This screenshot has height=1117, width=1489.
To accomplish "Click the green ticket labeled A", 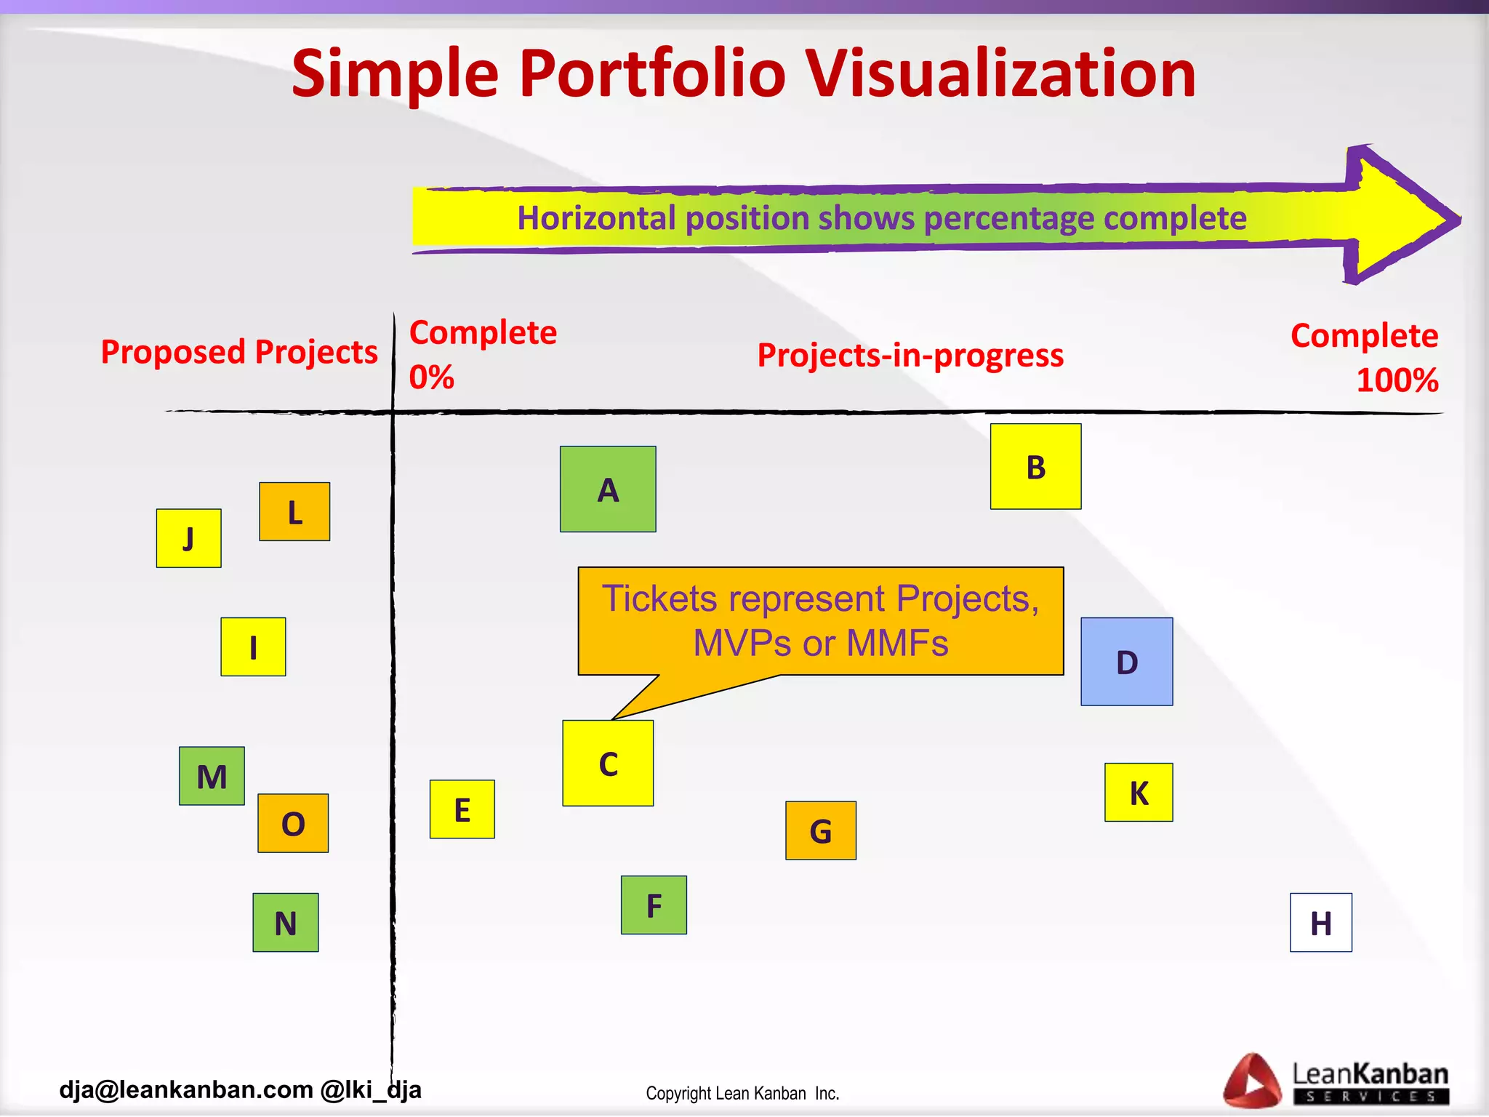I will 608,489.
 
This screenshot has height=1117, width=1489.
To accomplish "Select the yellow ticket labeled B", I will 1035,466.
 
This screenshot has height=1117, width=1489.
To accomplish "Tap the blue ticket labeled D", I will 1126,662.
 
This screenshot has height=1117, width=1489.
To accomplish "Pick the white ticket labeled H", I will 1320,922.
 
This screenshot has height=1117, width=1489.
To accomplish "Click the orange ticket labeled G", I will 820,830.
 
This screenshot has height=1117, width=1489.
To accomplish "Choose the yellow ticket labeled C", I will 608,763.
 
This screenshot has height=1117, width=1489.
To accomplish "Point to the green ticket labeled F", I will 654,905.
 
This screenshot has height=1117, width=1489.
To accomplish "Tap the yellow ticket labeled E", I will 462,809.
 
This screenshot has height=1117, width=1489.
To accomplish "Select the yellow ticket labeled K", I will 1139,792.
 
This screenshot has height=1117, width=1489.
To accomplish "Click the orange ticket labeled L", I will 294,511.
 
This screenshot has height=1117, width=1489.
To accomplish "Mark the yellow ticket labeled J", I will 188,538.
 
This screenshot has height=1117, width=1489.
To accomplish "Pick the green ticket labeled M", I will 212,776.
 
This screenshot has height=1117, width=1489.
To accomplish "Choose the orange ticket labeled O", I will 293,823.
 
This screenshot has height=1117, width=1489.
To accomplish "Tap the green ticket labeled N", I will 285,922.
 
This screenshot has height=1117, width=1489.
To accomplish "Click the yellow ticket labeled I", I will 253,646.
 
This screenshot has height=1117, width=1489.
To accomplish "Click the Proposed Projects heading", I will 239,352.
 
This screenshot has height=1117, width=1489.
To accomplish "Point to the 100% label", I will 1397,380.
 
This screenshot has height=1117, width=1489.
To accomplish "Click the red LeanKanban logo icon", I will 1251,1081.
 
